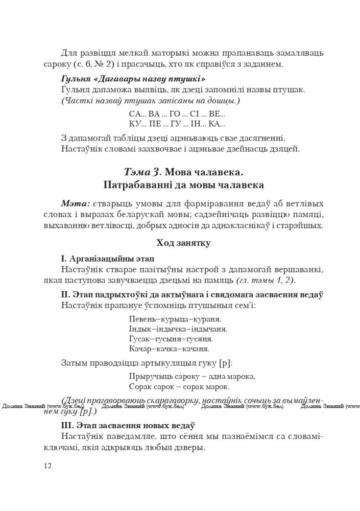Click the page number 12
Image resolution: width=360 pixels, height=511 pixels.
[x=47, y=465]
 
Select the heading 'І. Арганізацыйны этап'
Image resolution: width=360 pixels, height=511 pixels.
[x=107, y=258]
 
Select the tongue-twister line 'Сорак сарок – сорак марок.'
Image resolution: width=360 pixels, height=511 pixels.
[x=179, y=387]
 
